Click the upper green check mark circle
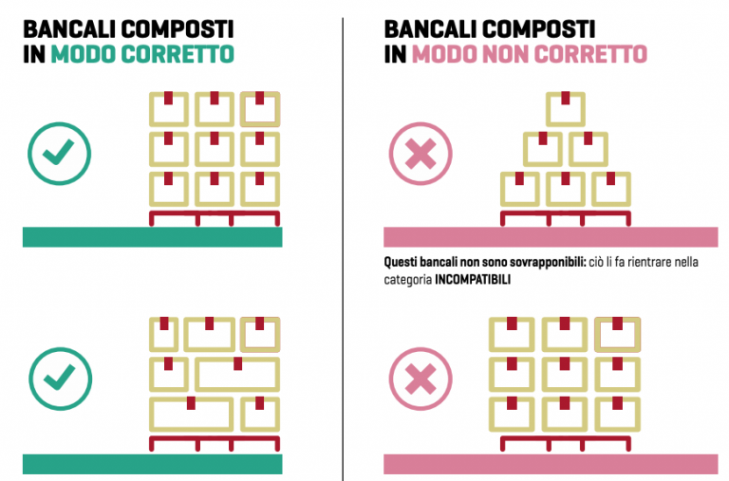tap(59, 152)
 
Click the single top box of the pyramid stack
tap(565, 109)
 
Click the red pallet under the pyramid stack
tap(564, 217)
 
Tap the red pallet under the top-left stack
tap(215, 217)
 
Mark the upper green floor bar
tap(152, 237)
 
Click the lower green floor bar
tap(152, 464)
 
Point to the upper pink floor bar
tap(550, 237)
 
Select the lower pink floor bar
tap(550, 464)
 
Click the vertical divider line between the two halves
tap(343, 237)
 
